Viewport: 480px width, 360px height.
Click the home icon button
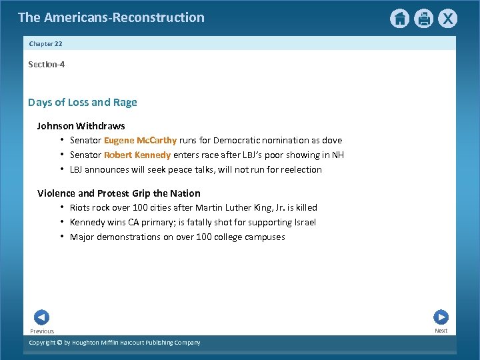pyautogui.click(x=399, y=18)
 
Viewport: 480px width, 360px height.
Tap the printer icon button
pyautogui.click(x=424, y=18)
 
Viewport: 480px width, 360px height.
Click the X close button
pyautogui.click(x=448, y=18)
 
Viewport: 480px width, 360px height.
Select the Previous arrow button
pyautogui.click(x=41, y=317)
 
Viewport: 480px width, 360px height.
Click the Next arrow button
pyautogui.click(x=441, y=317)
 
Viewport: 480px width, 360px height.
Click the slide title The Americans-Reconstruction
pyautogui.click(x=111, y=17)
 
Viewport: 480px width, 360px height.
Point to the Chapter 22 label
pyautogui.click(x=46, y=43)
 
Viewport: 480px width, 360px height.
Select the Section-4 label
pyautogui.click(x=47, y=65)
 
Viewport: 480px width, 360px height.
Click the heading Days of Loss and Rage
pyautogui.click(x=83, y=102)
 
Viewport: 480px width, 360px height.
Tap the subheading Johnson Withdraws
pyautogui.click(x=81, y=126)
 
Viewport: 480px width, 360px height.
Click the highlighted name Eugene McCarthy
pyautogui.click(x=140, y=140)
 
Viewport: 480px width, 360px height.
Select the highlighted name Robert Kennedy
pyautogui.click(x=137, y=155)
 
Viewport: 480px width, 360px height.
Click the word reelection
pyautogui.click(x=301, y=169)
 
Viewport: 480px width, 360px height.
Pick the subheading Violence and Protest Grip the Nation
pyautogui.click(x=119, y=193)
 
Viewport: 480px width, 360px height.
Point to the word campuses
pyautogui.click(x=265, y=237)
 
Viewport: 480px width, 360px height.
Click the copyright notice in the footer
pyautogui.click(x=115, y=343)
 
